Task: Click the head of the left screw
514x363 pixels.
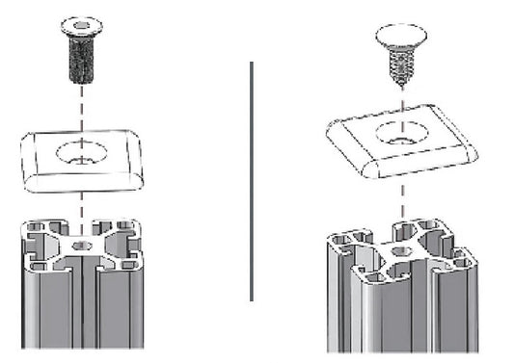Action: click(81, 23)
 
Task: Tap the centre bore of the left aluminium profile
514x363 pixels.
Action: click(82, 246)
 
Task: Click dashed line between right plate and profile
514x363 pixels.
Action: click(399, 197)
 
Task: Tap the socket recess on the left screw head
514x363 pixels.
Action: click(81, 20)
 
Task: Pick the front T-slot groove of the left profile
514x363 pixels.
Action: click(82, 308)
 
